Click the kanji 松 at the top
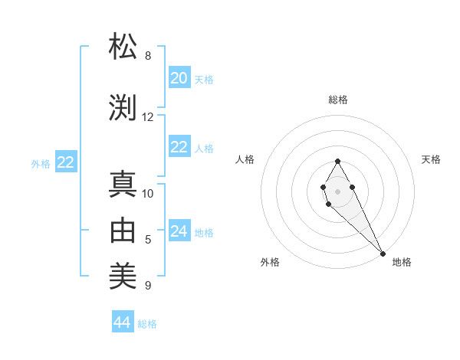point(123,47)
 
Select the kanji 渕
point(123,107)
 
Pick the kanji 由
point(123,231)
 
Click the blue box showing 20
point(179,78)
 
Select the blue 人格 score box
point(179,148)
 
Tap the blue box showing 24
point(179,231)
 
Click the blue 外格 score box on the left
point(66,162)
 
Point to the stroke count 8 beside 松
point(148,56)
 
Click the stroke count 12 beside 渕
point(148,117)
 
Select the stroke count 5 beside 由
point(148,240)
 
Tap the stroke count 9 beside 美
point(148,286)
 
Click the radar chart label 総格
point(338,100)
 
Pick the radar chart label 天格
point(431,159)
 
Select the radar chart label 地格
point(402,262)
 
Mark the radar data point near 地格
point(383,253)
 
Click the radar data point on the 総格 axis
point(337,161)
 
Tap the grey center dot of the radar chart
point(337,190)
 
